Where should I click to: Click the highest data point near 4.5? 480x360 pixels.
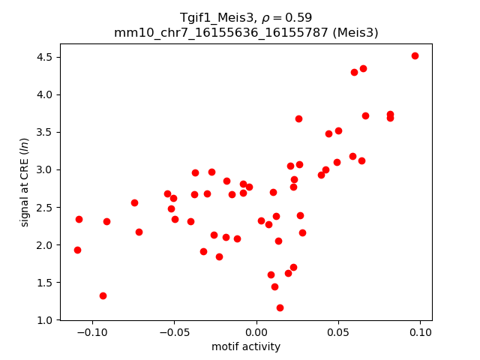coord(415,55)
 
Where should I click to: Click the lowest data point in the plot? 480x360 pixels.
coord(280,307)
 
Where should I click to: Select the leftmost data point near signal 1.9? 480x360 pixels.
coord(77,250)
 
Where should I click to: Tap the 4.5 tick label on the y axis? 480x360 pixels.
coord(44,57)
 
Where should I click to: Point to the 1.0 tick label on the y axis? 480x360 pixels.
coord(44,320)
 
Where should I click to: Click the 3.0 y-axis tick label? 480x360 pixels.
coord(44,169)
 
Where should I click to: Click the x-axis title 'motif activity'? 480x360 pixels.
coord(246,346)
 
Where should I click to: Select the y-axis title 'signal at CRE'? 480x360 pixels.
coord(25,181)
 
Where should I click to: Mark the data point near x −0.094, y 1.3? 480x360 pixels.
coord(103,295)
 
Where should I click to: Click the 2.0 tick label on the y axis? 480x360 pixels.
coord(44,245)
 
